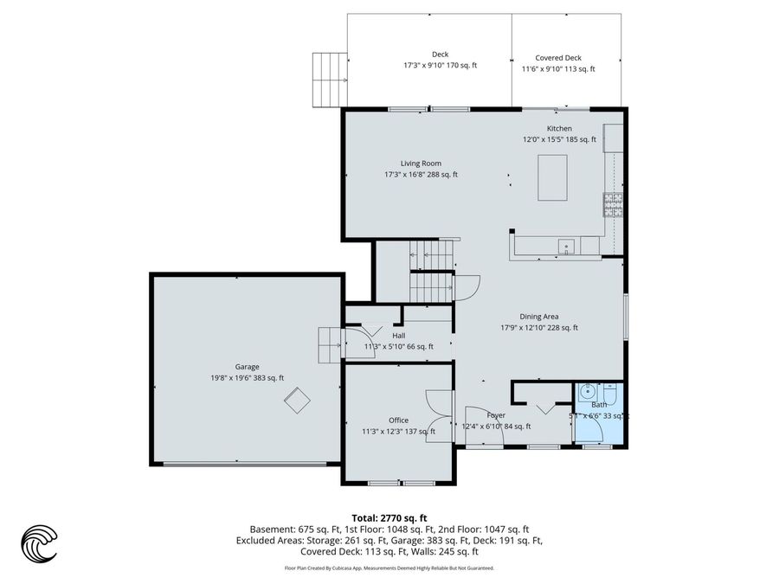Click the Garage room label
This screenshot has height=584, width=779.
(247, 367)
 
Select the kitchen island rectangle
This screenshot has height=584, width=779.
(554, 176)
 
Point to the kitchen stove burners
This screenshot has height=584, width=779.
(613, 204)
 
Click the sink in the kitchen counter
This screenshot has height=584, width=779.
(567, 247)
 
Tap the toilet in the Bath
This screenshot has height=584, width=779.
(608, 395)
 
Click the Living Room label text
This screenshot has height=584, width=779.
(421, 164)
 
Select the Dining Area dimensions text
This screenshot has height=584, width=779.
(538, 328)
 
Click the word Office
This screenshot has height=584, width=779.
(398, 420)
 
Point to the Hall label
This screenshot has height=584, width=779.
(398, 336)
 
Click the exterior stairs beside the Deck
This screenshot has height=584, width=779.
(330, 79)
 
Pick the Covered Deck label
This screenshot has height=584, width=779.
(558, 58)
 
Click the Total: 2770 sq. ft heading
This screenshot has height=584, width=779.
(389, 517)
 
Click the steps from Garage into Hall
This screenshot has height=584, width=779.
(331, 348)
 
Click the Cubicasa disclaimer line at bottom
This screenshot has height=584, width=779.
(389, 568)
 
